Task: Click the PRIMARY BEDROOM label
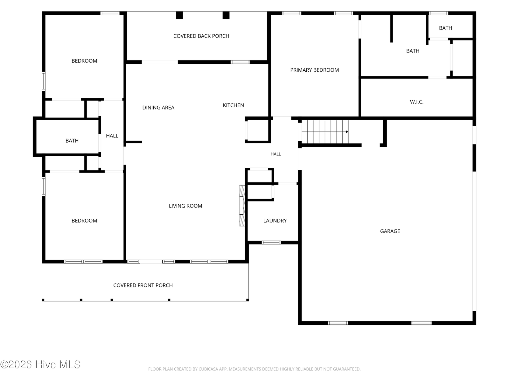click(314, 70)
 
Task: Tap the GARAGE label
click(390, 231)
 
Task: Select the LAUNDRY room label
click(275, 221)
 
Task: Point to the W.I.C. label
click(416, 102)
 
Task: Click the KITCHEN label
click(233, 105)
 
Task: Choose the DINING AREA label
click(158, 108)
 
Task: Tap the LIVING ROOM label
click(185, 206)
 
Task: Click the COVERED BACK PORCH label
click(201, 36)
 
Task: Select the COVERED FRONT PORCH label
click(143, 285)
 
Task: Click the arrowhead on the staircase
click(347, 132)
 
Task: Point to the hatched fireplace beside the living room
click(242, 206)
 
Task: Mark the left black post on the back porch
click(179, 15)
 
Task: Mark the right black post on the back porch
click(226, 15)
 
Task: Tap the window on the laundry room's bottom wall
click(271, 243)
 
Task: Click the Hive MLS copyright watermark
click(40, 364)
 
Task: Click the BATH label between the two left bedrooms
click(72, 141)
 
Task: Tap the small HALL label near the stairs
click(275, 154)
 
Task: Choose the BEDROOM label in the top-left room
click(84, 61)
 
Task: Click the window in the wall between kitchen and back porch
click(240, 62)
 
